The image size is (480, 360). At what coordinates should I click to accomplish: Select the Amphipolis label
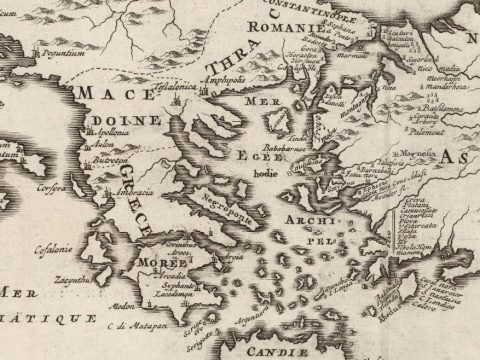[225, 76]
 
